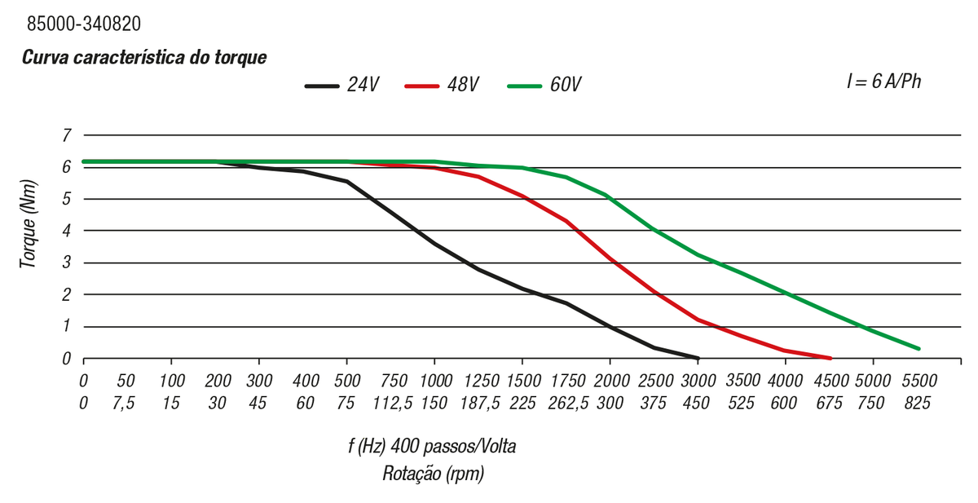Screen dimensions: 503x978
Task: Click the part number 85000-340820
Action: tap(84, 24)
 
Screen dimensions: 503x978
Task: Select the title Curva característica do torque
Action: tap(144, 58)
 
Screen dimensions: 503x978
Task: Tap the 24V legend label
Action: tap(363, 85)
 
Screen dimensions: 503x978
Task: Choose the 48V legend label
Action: tap(462, 85)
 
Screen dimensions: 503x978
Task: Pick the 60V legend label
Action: tap(565, 85)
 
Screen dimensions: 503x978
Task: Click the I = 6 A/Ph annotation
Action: tap(884, 82)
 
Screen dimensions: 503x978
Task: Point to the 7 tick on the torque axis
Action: tap(67, 135)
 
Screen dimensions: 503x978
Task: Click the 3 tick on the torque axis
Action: tap(67, 263)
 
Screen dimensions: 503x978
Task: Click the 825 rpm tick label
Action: tap(917, 402)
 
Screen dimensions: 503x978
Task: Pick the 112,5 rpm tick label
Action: tap(394, 402)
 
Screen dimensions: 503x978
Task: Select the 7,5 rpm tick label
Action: tap(126, 402)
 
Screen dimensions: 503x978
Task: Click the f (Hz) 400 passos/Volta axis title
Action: tap(432, 447)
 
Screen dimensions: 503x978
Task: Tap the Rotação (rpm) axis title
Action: tap(434, 474)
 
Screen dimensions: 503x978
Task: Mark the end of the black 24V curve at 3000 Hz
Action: tap(698, 358)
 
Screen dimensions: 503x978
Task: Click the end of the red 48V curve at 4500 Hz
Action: tap(830, 358)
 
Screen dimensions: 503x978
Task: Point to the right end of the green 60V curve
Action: tap(919, 349)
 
